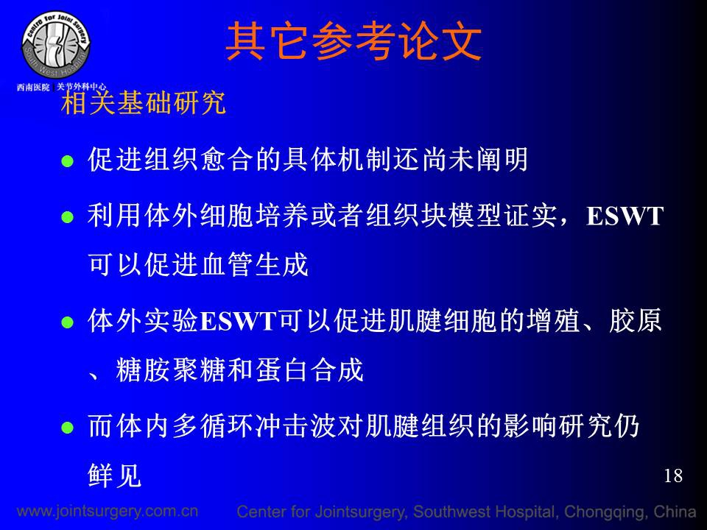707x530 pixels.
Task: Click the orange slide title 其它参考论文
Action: [353, 42]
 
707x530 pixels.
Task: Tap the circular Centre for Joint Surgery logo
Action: [56, 45]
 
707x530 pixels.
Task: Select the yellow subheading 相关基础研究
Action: [144, 103]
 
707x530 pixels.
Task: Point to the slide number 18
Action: [672, 476]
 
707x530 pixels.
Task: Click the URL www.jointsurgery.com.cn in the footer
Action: [108, 511]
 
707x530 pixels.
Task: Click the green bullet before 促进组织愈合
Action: [68, 161]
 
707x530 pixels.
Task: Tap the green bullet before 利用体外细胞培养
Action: [68, 217]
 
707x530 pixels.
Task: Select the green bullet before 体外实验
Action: [68, 322]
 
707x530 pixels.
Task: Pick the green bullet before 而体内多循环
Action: [68, 427]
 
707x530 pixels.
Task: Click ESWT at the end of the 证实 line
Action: [625, 216]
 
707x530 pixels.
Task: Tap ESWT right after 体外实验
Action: [238, 322]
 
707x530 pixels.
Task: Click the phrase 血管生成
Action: [254, 264]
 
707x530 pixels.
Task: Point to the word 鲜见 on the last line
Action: [115, 475]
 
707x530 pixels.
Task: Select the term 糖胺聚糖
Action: [170, 370]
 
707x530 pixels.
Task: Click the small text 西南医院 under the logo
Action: [33, 87]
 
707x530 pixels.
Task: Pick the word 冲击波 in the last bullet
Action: [295, 425]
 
